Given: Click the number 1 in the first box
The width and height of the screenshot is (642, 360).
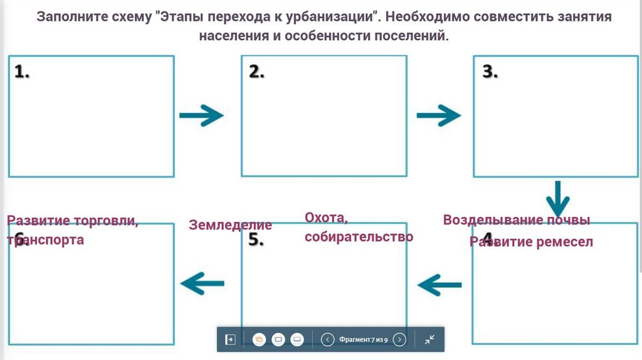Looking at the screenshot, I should click(x=22, y=72).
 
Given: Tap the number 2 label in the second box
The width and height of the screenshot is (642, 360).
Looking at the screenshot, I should click(x=256, y=72).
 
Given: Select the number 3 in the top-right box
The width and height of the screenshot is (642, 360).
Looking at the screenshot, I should click(x=490, y=72).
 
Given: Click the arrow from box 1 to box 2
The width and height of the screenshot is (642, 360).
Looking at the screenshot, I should click(x=201, y=115).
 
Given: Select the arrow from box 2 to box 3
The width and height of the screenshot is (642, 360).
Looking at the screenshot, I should click(x=438, y=115).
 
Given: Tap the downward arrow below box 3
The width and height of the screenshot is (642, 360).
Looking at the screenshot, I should click(x=557, y=199).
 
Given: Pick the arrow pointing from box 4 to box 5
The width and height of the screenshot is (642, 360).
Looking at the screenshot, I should click(x=439, y=284).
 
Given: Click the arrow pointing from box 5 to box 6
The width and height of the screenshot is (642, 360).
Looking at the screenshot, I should click(x=201, y=284).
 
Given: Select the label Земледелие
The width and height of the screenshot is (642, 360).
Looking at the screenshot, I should click(x=231, y=225).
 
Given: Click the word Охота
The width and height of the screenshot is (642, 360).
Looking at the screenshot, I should click(x=326, y=218).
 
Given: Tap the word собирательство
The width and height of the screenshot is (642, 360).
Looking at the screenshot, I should click(x=359, y=236).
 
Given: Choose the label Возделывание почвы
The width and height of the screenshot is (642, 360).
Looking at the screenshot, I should click(x=517, y=220).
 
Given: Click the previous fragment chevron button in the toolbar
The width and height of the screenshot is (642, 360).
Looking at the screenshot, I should click(x=327, y=339).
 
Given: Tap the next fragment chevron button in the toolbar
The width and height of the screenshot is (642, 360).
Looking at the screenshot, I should click(x=399, y=339).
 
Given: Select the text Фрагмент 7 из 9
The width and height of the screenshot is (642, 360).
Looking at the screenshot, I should click(x=363, y=339).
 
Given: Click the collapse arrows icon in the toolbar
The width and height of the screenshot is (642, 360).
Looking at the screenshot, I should click(x=429, y=339).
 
